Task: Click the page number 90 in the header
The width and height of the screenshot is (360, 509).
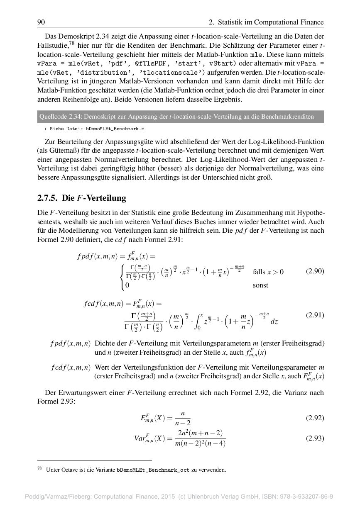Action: [x=41, y=22]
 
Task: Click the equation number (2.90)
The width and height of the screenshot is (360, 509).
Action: [x=315, y=271]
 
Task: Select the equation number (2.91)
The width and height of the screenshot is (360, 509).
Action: [x=315, y=315]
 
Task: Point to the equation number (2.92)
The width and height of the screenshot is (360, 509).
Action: [x=315, y=418]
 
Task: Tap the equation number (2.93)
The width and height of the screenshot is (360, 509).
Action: [x=315, y=438]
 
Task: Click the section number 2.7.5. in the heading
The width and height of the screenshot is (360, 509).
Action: [x=48, y=198]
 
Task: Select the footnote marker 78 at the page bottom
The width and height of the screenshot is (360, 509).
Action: [x=40, y=468]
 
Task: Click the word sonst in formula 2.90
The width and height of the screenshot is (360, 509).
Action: [x=260, y=285]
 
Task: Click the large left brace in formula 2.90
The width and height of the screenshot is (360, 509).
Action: [x=122, y=277]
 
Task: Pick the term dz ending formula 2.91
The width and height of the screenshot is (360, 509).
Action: [x=274, y=321]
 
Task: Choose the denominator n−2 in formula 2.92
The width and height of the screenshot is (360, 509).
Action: [x=183, y=423]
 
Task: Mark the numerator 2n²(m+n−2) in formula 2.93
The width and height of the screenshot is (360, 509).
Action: [x=200, y=433]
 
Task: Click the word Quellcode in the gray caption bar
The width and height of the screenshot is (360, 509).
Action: [x=53, y=117]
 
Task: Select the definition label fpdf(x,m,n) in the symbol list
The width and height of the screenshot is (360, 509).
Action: [x=70, y=343]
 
